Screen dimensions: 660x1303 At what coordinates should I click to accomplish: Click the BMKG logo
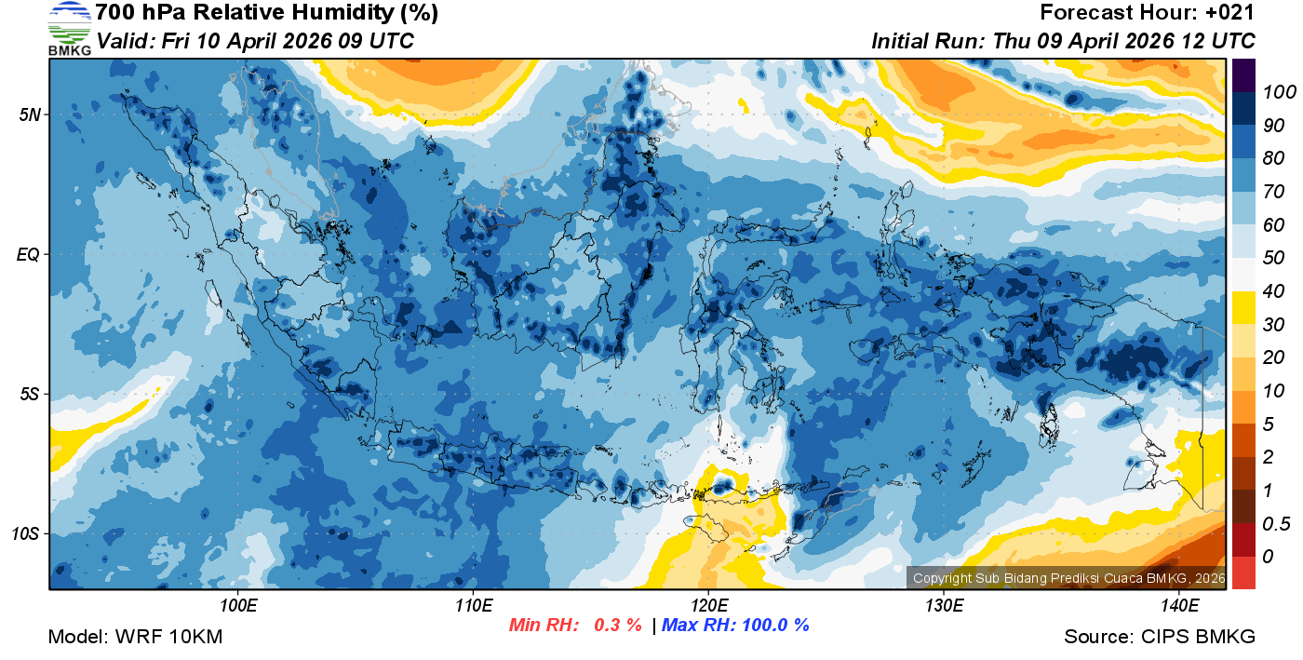tap(70, 29)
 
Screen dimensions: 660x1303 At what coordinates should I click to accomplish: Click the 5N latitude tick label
tap(28, 114)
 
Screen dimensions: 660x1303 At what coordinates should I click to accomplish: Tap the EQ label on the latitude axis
tap(28, 254)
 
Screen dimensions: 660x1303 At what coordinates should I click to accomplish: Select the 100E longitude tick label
tap(238, 606)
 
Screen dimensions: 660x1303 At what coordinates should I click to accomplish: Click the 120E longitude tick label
tap(708, 606)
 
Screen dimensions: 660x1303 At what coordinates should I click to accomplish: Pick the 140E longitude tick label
tap(1179, 606)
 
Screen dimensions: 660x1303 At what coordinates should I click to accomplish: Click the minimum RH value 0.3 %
tap(617, 625)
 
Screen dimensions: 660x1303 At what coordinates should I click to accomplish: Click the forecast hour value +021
tap(1231, 13)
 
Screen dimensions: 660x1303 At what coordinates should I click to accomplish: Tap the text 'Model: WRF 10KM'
tap(135, 637)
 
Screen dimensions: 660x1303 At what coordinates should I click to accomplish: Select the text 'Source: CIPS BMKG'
tap(1160, 637)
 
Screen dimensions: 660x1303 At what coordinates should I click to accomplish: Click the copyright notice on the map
tap(1068, 578)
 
